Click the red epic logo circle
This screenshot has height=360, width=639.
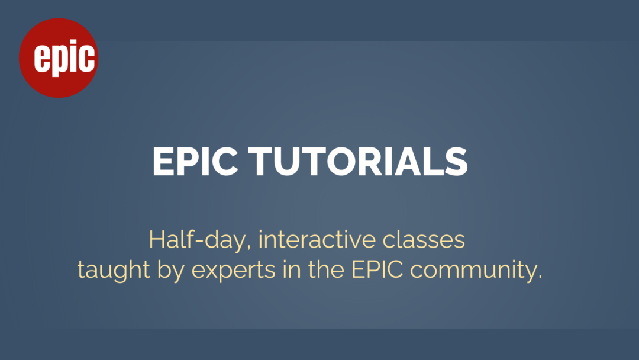pos(59,58)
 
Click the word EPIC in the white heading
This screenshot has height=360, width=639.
pos(195,162)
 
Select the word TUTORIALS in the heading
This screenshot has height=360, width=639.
pos(358,162)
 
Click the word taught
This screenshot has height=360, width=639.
pos(114,271)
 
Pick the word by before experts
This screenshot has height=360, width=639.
pos(171,271)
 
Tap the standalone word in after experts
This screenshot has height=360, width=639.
pos(291,269)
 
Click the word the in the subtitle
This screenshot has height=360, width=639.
pos(326,269)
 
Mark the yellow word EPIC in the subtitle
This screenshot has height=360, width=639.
pos(377,269)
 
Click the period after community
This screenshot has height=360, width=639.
pos(540,277)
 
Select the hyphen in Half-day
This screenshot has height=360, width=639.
pos(200,241)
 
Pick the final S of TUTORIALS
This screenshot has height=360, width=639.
pos(456,162)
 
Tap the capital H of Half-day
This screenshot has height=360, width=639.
pos(156,240)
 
